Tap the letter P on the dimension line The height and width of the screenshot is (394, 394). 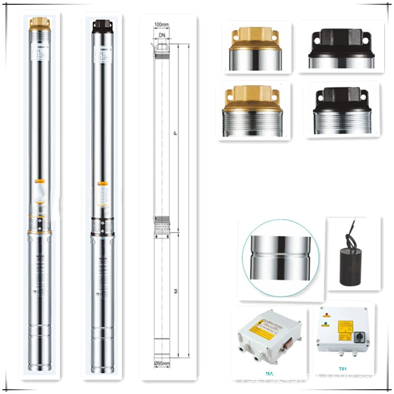coord(176,133)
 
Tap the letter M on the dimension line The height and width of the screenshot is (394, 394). coord(176,292)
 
